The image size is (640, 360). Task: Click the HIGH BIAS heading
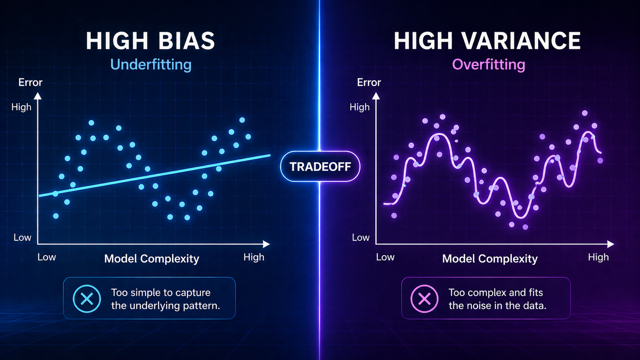click(x=150, y=41)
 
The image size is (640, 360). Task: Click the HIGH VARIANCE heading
click(x=487, y=41)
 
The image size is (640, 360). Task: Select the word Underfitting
click(x=151, y=64)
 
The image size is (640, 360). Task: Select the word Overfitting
click(x=488, y=64)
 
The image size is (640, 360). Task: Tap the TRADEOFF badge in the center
click(x=320, y=166)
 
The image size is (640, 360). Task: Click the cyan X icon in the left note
click(x=87, y=298)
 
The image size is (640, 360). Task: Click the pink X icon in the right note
click(x=424, y=298)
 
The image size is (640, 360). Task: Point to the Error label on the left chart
click(x=30, y=82)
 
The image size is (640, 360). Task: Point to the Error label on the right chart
click(x=369, y=82)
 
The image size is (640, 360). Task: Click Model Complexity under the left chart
click(x=152, y=259)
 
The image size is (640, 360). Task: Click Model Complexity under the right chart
click(x=490, y=259)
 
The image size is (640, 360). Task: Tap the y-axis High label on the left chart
click(x=21, y=107)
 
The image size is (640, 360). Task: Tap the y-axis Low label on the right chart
click(x=361, y=238)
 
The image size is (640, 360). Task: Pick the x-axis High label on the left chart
click(x=254, y=257)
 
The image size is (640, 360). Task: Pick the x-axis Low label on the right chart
click(x=385, y=257)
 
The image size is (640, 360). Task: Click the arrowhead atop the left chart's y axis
click(x=38, y=96)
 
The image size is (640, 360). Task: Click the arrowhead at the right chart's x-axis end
click(x=611, y=244)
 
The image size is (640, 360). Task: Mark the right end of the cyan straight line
click(x=269, y=155)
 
